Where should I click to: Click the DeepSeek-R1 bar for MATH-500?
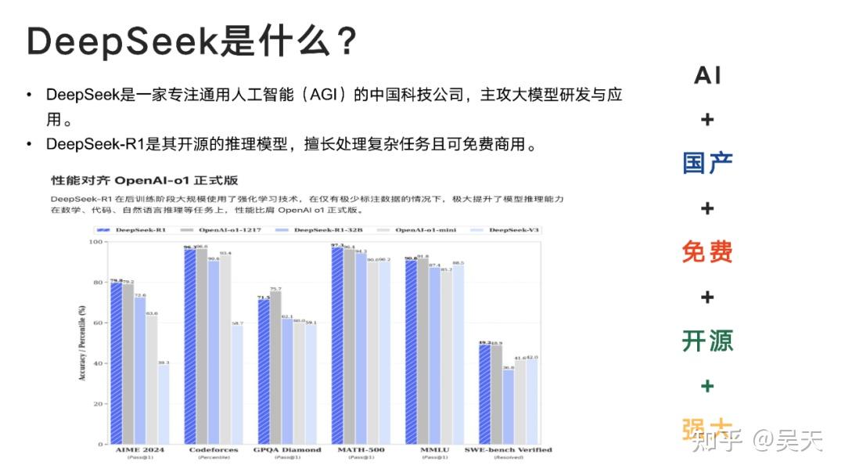click(x=337, y=345)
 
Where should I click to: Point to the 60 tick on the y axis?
click(x=97, y=323)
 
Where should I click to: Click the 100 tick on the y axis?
click(x=95, y=241)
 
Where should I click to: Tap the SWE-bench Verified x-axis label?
click(x=508, y=450)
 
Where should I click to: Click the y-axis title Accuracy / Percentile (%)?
click(x=82, y=343)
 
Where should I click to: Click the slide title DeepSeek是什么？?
click(x=192, y=41)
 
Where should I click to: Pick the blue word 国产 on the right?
click(x=707, y=164)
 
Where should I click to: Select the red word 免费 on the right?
click(x=707, y=252)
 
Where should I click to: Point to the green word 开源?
click(x=707, y=341)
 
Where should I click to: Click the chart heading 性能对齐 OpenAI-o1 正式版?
click(x=145, y=180)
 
